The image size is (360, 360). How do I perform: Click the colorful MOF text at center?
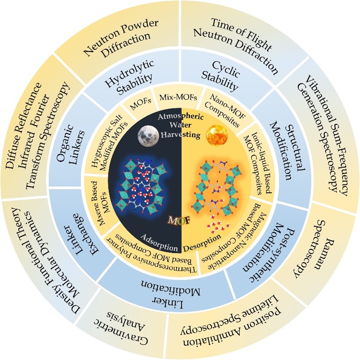tap(180, 221)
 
